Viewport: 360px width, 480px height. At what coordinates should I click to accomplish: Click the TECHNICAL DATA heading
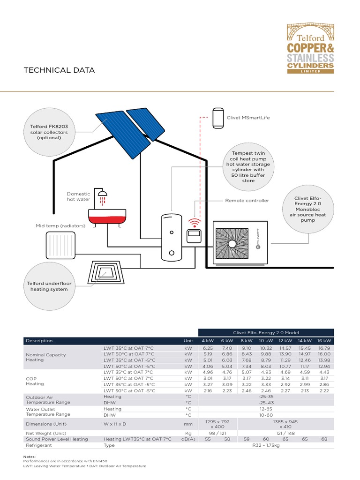click(x=59, y=70)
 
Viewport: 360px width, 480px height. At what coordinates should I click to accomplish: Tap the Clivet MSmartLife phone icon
click(x=218, y=118)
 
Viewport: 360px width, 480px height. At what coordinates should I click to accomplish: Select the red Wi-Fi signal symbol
click(x=194, y=222)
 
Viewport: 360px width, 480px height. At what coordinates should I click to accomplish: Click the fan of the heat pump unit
click(x=232, y=244)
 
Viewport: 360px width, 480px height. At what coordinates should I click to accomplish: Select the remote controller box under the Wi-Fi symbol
click(x=194, y=235)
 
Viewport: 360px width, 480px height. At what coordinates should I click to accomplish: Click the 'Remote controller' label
click(x=247, y=201)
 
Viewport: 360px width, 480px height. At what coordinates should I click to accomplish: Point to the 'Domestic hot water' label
click(x=78, y=196)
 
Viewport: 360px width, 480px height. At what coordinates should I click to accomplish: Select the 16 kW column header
click(x=324, y=341)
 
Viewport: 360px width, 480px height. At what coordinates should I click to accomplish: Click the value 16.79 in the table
click(x=324, y=348)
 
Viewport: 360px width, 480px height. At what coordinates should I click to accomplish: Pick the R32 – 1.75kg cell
click(x=266, y=445)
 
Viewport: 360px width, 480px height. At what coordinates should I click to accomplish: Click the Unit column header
click(x=188, y=341)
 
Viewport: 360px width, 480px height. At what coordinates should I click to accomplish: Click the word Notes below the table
click(x=29, y=456)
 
